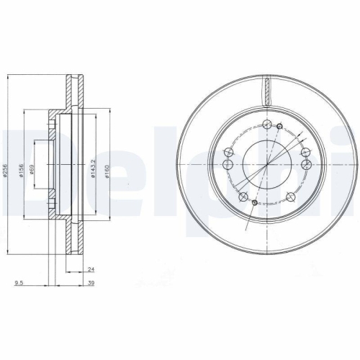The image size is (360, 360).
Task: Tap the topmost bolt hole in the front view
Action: (x=267, y=122)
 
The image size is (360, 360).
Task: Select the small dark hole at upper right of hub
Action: (x=279, y=127)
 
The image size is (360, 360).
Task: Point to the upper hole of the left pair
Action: (x=230, y=152)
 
